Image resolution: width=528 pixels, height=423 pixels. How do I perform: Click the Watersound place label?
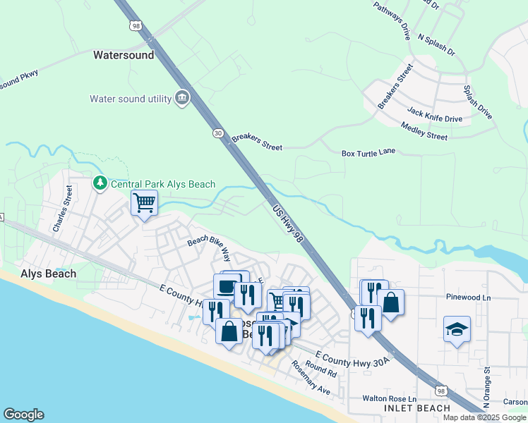pyautogui.click(x=124, y=54)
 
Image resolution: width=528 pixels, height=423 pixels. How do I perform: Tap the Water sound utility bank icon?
pyautogui.click(x=182, y=97)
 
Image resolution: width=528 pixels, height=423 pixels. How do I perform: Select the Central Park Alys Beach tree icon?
pyautogui.click(x=100, y=184)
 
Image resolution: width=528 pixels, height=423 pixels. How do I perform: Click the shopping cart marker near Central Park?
pyautogui.click(x=144, y=204)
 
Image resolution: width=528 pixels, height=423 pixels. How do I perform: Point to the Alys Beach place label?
pyautogui.click(x=49, y=274)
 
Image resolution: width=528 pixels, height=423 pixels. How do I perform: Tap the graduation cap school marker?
pyautogui.click(x=456, y=329)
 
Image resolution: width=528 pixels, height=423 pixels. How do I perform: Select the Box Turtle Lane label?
pyautogui.click(x=369, y=152)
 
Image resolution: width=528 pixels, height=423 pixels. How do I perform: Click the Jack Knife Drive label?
pyautogui.click(x=435, y=115)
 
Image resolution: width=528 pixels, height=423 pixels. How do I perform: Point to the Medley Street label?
pyautogui.click(x=424, y=131)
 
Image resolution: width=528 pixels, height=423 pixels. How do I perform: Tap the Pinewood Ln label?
pyautogui.click(x=468, y=298)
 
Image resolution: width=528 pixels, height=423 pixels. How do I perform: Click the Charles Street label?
pyautogui.click(x=62, y=209)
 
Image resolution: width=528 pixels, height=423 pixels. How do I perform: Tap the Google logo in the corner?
pyautogui.click(x=23, y=415)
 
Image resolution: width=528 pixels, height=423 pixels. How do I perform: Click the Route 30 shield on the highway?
pyautogui.click(x=217, y=133)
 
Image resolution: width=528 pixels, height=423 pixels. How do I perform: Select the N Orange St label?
pyautogui.click(x=486, y=388)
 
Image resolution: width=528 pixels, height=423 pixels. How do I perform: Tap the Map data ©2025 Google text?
pyautogui.click(x=484, y=417)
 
